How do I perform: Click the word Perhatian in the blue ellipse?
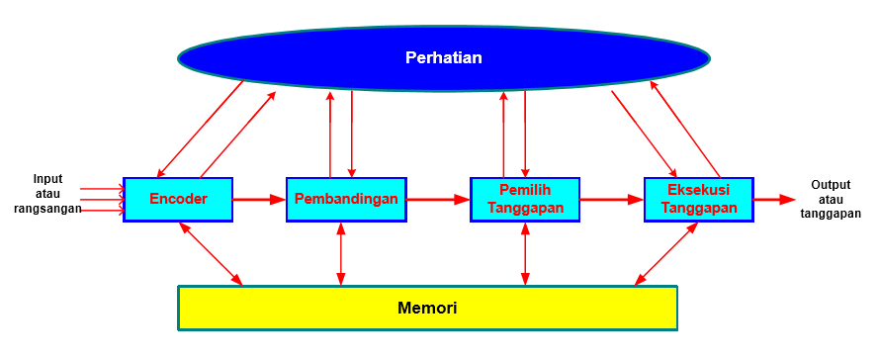pos(443,57)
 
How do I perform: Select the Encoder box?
pos(178,199)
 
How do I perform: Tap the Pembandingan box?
pos(346,199)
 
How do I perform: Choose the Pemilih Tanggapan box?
pos(524,199)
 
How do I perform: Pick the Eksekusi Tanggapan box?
pos(698,199)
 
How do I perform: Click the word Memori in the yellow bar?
pos(427,308)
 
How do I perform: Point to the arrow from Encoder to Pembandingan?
pos(259,199)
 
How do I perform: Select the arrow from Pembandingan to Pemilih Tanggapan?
pos(438,199)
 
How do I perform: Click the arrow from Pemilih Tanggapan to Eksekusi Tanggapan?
pos(611,199)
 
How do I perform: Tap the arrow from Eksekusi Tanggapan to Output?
pos(774,199)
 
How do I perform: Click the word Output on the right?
pos(831,185)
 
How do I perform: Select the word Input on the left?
pos(47,179)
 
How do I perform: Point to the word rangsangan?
pos(47,209)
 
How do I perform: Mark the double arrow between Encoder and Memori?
pos(211,254)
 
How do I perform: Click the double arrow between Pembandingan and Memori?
pos(341,254)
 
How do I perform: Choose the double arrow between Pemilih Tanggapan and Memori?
pos(524,254)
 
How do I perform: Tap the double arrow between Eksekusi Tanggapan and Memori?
pos(667,254)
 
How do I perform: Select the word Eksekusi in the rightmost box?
pos(698,190)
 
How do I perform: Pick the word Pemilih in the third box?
pos(524,190)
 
